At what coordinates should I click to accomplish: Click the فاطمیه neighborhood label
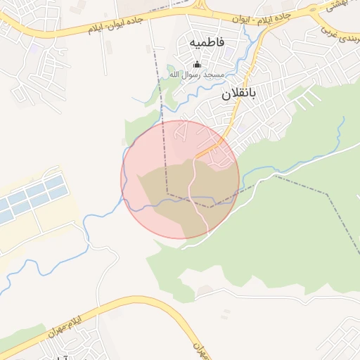(x=207, y=42)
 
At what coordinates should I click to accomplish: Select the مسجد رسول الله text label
(x=196, y=75)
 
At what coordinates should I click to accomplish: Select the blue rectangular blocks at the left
(x=32, y=197)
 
